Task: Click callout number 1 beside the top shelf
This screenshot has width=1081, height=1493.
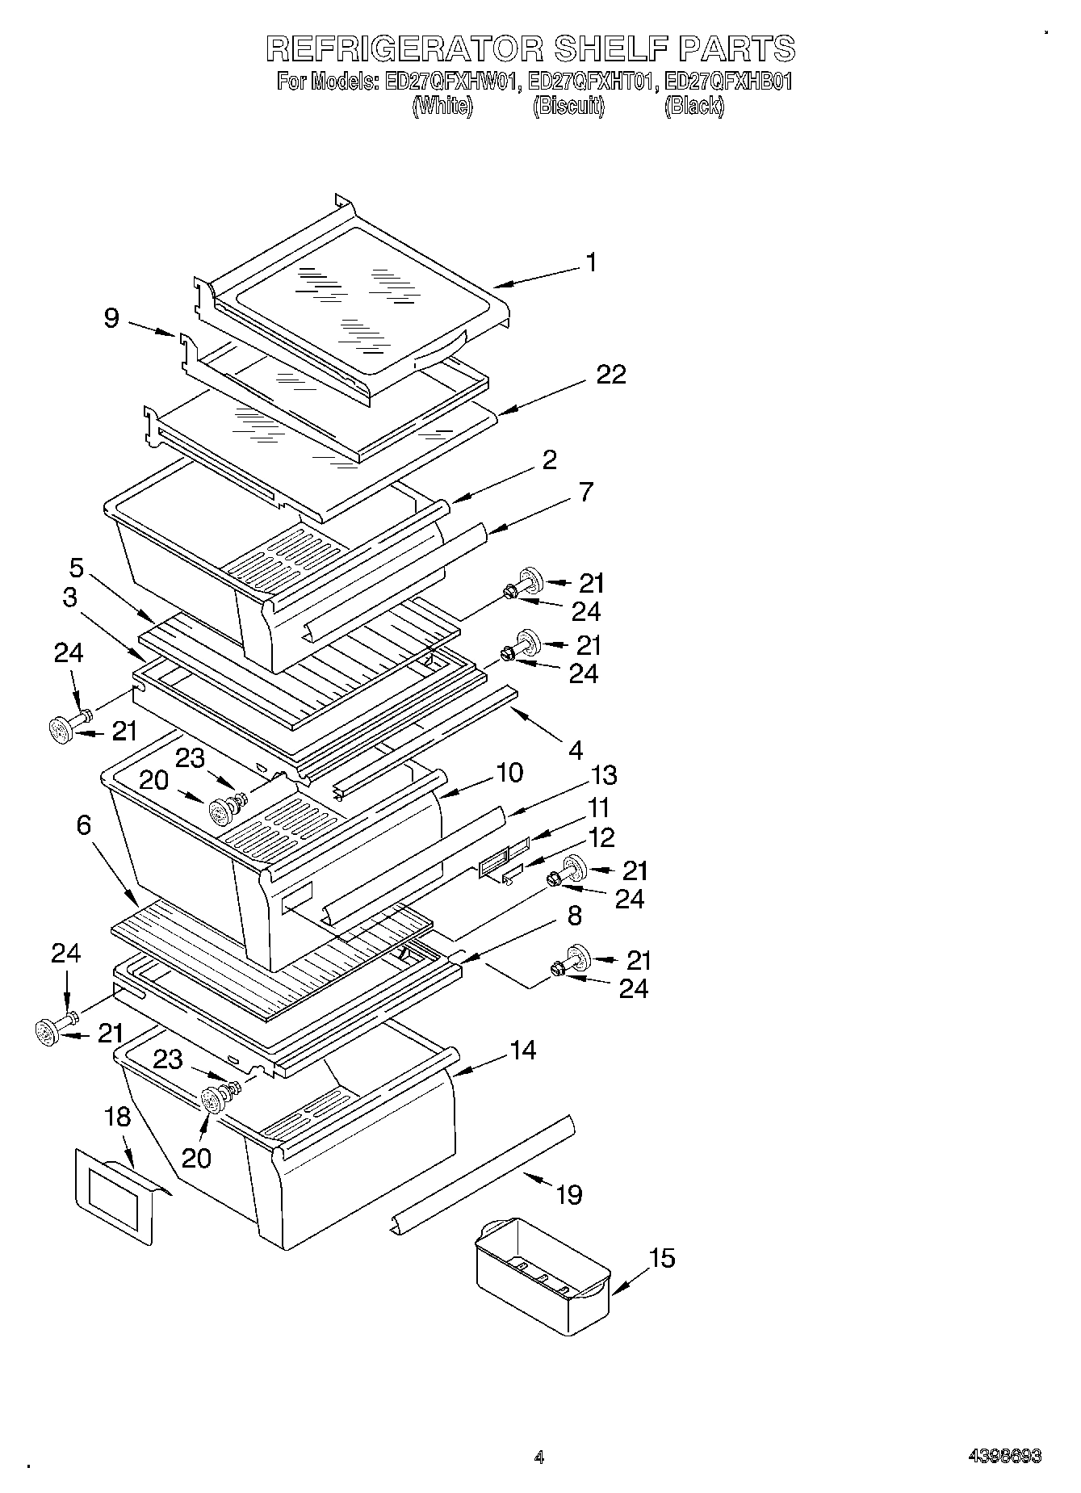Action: point(591,263)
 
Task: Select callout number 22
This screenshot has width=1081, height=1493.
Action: point(611,375)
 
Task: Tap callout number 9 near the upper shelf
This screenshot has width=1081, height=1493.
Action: point(111,319)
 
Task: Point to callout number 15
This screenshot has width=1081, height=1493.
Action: point(662,1258)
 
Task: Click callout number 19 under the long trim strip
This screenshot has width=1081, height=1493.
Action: point(569,1195)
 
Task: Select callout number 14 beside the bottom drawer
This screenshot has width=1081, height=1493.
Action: point(523,1051)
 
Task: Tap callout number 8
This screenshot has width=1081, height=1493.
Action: point(574,916)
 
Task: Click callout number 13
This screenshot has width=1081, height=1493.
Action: point(603,775)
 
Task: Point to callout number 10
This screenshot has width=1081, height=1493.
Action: point(509,773)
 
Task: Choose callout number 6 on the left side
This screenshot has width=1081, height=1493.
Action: point(84,825)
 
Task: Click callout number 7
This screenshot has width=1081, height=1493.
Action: point(586,491)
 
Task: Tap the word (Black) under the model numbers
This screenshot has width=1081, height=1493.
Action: point(694,107)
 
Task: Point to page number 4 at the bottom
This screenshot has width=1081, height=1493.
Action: point(539,1457)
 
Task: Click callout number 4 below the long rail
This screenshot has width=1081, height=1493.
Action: point(575,751)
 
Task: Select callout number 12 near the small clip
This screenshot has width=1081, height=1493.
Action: point(602,837)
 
